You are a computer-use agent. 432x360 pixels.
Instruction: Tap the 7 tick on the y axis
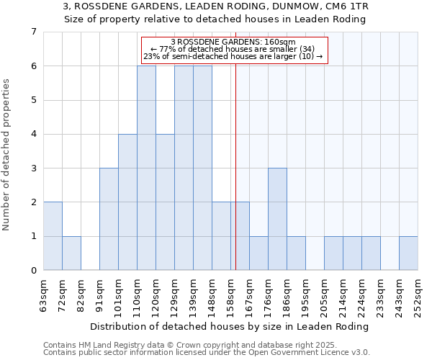point(33,32)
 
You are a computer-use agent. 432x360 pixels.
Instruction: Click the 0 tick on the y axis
point(33,271)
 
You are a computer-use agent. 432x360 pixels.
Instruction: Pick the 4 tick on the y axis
point(33,134)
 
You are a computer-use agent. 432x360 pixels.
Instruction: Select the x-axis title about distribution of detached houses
point(230,326)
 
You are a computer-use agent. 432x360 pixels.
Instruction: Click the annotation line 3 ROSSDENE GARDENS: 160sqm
point(233,42)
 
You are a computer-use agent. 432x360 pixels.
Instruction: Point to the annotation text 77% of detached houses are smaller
point(233,49)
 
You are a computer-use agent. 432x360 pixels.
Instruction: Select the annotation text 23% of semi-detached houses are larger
point(233,56)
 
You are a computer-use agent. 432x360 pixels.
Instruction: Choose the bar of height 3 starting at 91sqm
point(109,219)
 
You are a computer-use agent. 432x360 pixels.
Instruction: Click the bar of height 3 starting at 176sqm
point(277,219)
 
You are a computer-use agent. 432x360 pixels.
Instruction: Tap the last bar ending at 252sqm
point(408,253)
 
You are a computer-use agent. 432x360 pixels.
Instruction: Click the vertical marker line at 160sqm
point(235,180)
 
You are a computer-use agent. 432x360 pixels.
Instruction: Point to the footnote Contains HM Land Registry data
point(166,346)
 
